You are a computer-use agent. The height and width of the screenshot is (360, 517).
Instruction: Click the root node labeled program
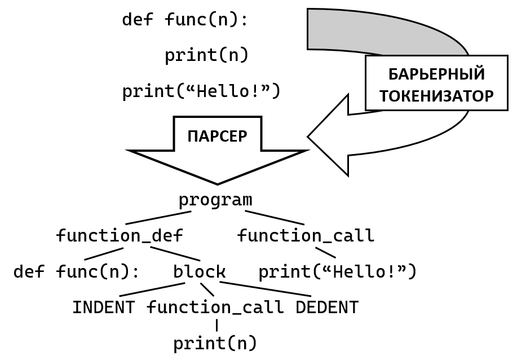pos(215,200)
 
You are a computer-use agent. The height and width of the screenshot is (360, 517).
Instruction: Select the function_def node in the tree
pos(120,235)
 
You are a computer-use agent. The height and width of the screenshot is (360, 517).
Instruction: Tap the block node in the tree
pos(199,271)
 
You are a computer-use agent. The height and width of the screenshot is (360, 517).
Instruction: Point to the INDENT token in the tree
pos(103,308)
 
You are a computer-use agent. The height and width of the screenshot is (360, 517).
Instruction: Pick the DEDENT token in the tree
pos(327,308)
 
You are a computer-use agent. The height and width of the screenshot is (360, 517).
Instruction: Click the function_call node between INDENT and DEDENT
pos(215,308)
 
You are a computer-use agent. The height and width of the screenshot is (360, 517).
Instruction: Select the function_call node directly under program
pos(306,235)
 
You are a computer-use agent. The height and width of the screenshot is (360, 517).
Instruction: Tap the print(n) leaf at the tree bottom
pos(215,343)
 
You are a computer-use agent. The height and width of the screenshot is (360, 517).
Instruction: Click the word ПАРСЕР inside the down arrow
pos(217,137)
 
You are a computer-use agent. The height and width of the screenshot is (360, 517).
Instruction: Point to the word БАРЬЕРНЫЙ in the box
pos(436,74)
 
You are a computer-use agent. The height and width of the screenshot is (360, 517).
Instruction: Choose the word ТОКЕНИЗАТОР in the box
pos(436,96)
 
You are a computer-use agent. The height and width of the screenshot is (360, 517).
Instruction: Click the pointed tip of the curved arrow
pos(310,137)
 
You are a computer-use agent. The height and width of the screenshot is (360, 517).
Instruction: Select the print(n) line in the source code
pos(206,55)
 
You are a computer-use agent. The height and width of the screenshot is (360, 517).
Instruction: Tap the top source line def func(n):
pos(185,20)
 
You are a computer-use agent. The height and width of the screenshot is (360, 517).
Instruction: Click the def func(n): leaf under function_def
pos(76,271)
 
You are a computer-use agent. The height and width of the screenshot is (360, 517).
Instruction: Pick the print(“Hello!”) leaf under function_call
pos(337,271)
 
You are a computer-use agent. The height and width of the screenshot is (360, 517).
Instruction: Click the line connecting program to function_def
pos(158,218)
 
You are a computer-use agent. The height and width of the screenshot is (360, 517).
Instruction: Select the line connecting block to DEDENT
pos(265,289)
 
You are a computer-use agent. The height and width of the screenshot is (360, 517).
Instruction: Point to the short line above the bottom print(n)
pos(216,325)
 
